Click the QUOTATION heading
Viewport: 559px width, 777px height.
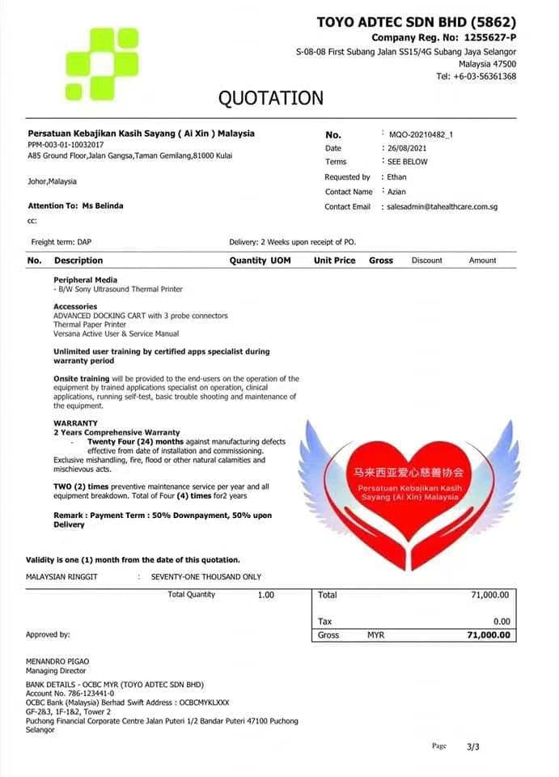[x=270, y=99]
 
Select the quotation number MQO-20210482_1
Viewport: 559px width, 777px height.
[x=421, y=134]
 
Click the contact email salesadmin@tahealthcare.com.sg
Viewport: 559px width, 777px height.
[x=443, y=206]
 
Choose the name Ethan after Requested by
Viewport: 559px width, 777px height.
[x=397, y=176]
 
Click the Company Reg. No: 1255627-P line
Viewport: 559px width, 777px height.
[x=443, y=37]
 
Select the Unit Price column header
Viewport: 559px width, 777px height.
[x=334, y=261]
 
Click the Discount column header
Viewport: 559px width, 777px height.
[x=426, y=261]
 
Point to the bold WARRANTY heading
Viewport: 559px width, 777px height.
[x=75, y=423]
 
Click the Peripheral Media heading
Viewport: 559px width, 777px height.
[x=85, y=279]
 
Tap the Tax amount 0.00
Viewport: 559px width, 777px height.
[x=502, y=622]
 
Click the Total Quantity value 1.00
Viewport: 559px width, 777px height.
[x=265, y=595]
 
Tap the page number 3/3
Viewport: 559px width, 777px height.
[x=472, y=746]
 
